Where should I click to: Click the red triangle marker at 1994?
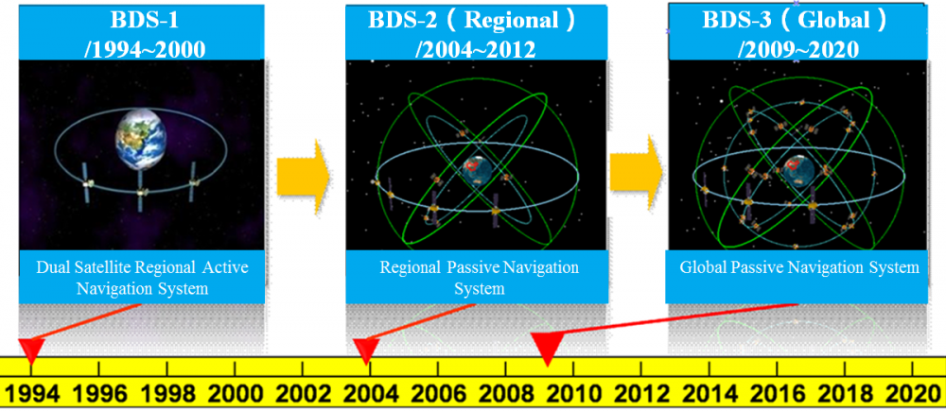tap(32, 349)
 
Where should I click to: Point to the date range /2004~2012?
tap(476, 49)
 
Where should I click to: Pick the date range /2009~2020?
tap(797, 49)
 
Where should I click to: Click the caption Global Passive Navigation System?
tap(799, 267)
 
